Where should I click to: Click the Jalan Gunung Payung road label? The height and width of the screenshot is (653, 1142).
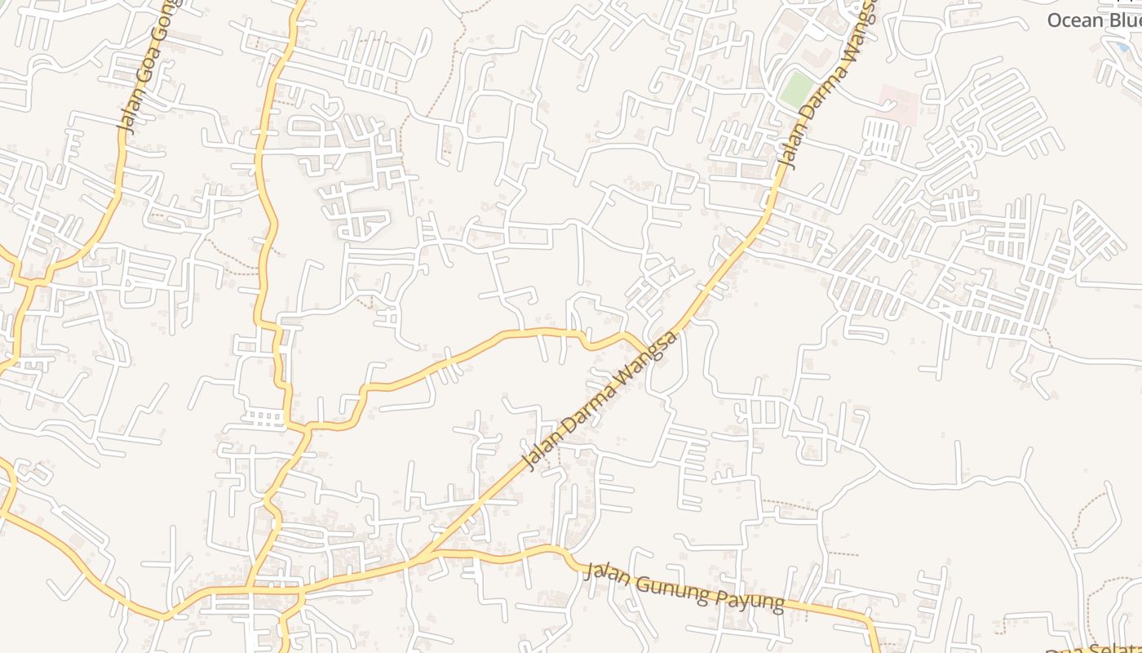coord(684,587)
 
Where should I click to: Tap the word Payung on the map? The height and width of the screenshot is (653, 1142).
coord(747,599)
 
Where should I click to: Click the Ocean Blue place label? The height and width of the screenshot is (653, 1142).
coord(1093,20)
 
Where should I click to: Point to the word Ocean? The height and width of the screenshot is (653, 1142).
coord(1074,20)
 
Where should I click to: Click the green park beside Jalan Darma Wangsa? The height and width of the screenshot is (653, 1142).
coord(795,89)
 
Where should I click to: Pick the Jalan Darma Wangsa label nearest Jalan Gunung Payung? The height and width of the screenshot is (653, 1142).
coord(600,400)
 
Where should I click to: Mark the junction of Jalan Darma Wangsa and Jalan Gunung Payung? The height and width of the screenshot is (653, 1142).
coord(426,556)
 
